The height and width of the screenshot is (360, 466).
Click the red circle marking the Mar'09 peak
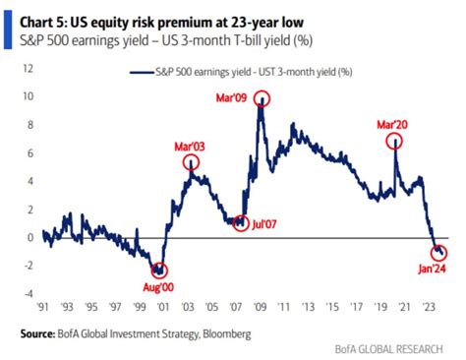(x=262, y=99)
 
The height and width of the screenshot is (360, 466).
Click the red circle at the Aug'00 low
(x=159, y=269)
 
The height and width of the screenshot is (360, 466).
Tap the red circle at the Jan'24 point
(x=438, y=255)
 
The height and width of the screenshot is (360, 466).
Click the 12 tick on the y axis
(x=28, y=69)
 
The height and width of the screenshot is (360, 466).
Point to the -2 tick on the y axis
(x=27, y=266)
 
